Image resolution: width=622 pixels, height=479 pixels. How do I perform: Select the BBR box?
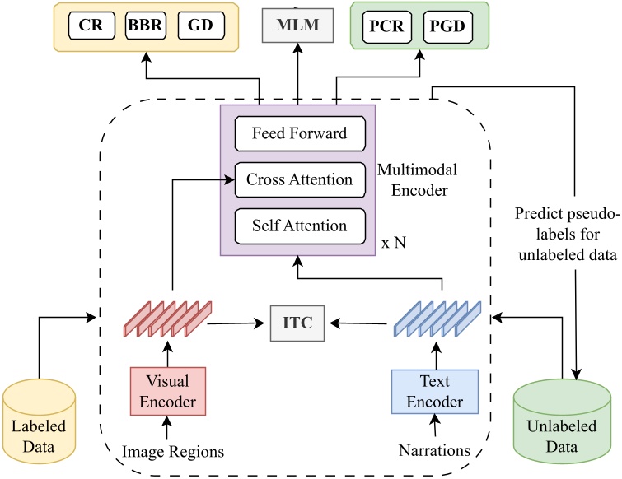point(144,25)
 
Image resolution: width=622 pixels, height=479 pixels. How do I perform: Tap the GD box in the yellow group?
point(199,25)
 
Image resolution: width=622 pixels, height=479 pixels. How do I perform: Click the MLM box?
point(297,25)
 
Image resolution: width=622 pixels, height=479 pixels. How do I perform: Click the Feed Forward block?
point(299,133)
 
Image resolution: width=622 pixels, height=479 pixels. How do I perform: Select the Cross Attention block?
point(299,179)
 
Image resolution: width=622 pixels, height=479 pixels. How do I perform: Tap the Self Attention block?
point(299,226)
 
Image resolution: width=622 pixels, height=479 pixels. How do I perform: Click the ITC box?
point(297,323)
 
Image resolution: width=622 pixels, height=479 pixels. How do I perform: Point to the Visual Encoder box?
point(167,392)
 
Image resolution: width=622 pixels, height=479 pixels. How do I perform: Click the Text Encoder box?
point(434,392)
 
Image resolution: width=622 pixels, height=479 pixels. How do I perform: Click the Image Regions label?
point(172,451)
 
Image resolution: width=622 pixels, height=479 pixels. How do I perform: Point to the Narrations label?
point(433,451)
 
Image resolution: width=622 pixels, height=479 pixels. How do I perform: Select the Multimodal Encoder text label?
point(418,179)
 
